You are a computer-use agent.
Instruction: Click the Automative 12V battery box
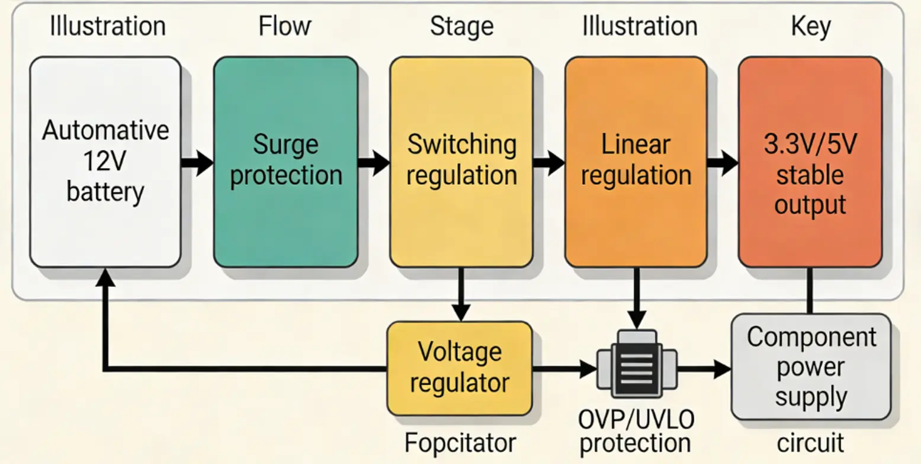tap(105, 162)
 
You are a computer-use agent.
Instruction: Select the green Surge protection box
tap(285, 162)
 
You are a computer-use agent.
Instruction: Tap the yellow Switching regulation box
tap(461, 162)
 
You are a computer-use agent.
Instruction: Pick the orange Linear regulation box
tap(636, 162)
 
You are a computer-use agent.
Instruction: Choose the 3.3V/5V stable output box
tap(810, 162)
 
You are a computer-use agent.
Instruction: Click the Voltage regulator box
tap(460, 368)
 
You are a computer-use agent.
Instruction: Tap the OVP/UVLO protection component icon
tap(637, 363)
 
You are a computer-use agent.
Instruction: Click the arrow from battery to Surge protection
tap(197, 162)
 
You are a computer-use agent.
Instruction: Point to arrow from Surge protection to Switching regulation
tap(374, 162)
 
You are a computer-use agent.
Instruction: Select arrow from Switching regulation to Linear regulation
tap(548, 162)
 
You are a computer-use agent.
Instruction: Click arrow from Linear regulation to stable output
tap(723, 162)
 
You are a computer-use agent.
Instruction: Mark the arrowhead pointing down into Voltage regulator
tap(461, 312)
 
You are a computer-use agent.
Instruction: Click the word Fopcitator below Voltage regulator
tap(460, 442)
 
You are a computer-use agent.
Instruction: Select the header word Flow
tap(285, 26)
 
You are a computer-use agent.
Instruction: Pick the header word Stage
tap(461, 26)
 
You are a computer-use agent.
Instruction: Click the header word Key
tap(811, 26)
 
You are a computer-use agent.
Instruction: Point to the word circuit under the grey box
tap(811, 442)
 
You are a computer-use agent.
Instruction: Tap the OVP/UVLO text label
tap(636, 420)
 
